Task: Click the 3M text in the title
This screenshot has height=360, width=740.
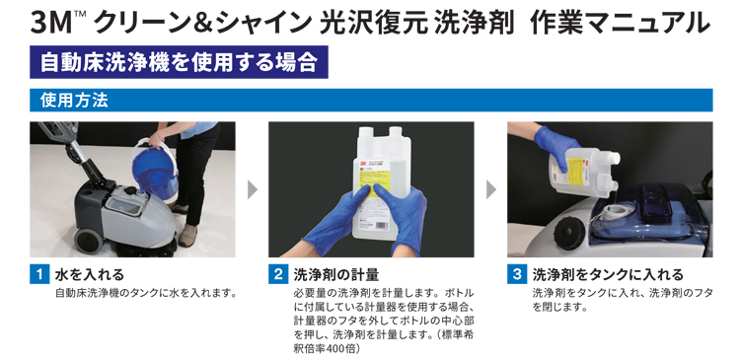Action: coord(50,24)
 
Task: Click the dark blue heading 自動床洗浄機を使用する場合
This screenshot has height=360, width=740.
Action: coord(179,62)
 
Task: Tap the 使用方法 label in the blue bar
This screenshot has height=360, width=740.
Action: coord(75,101)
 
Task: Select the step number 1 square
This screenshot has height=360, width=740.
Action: coord(39,274)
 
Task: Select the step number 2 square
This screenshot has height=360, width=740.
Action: coord(278,274)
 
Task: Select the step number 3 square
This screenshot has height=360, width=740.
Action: coord(517,274)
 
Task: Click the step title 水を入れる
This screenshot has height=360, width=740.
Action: coord(90,274)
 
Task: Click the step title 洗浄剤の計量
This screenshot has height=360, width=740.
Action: coord(336,274)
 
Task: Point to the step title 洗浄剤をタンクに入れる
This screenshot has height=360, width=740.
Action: coord(608,274)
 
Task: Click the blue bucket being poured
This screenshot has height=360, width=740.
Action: coord(155,170)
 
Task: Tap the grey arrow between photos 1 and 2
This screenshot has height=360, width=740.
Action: coord(253,189)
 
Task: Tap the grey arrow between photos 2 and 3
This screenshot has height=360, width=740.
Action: coord(491,189)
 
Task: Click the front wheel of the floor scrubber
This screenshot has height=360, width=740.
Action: coord(88,241)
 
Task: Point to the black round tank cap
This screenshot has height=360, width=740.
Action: coord(570,234)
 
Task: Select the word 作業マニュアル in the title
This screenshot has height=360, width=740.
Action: coord(620,24)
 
